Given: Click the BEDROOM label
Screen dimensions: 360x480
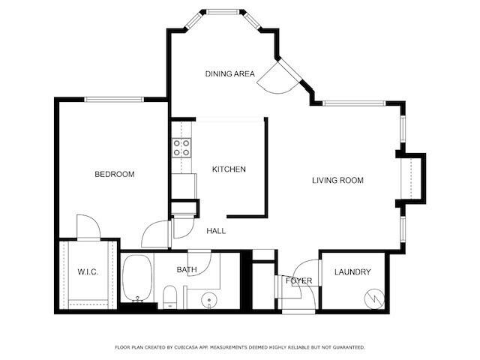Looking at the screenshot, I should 114,175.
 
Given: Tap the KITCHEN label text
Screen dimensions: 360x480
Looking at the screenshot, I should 229,169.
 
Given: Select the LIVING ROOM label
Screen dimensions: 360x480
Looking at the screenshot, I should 337,180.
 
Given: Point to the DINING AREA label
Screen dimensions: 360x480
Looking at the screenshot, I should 230,73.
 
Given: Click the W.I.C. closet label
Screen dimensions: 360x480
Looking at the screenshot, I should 88,271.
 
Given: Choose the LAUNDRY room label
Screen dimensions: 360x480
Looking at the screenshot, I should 352,271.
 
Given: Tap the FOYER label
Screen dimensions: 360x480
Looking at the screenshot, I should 298,280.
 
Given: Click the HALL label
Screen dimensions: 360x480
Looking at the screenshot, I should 216,231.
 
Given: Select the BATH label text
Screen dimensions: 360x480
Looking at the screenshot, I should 187,269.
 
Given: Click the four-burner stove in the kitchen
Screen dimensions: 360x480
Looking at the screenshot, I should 181,148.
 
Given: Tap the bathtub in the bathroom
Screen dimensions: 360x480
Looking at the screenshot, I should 137,277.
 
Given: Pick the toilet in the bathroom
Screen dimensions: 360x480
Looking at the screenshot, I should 170,297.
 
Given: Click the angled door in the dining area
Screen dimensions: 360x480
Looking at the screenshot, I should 274,78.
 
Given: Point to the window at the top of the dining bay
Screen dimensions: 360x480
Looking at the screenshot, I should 226,12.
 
